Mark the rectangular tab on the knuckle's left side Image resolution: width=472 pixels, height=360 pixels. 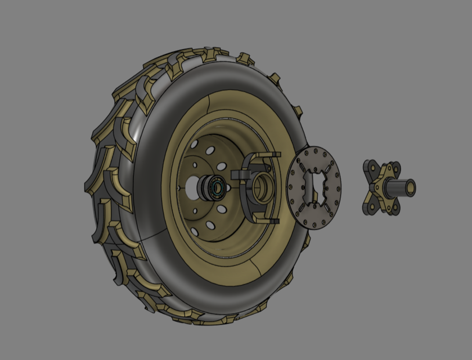click(239, 175)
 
